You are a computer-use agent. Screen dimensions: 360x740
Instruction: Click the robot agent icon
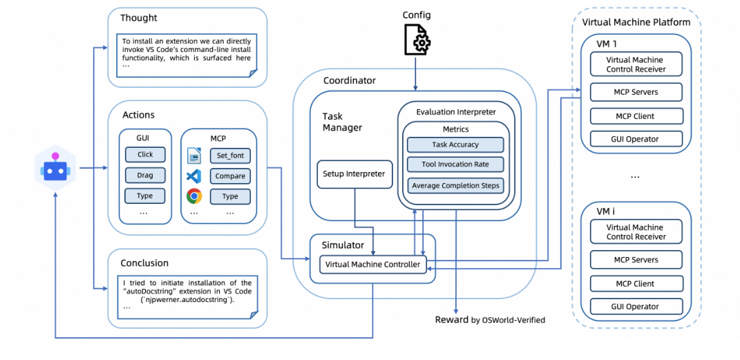(55, 168)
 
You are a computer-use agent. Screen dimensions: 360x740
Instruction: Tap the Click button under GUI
(145, 154)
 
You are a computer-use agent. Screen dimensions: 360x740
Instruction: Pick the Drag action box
(145, 175)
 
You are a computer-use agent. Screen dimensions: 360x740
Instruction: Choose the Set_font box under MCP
(230, 155)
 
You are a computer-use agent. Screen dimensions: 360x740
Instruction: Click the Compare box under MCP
(230, 176)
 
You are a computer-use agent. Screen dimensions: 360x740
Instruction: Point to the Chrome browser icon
(194, 196)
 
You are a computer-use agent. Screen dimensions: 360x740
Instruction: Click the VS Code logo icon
(194, 176)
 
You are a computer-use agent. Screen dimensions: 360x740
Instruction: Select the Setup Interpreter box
(354, 174)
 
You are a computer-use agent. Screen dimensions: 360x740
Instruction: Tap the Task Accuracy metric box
(455, 145)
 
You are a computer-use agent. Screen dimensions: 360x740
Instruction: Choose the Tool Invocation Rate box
(455, 164)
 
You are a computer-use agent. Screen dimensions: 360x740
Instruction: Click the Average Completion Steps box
(455, 185)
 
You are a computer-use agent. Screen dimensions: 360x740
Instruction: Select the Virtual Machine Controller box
(372, 264)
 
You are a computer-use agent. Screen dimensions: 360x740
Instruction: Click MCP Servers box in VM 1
(636, 92)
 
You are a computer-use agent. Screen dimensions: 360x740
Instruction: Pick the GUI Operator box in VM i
(636, 307)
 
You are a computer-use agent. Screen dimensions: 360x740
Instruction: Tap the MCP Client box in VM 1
(636, 116)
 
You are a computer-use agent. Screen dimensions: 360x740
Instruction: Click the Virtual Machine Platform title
(636, 22)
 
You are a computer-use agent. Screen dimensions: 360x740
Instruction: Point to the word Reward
(451, 319)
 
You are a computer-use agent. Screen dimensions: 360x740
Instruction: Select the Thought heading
(139, 18)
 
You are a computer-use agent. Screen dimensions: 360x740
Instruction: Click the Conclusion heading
(144, 263)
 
